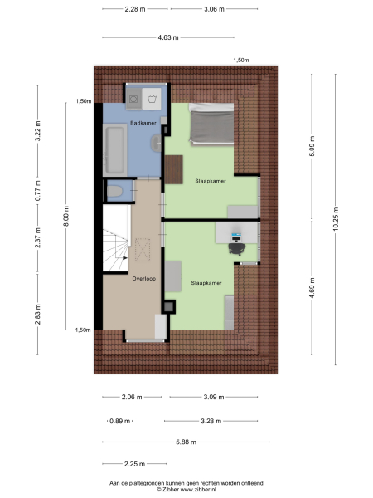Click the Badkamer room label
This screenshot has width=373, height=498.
(143, 123)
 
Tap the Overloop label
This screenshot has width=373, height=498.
(144, 279)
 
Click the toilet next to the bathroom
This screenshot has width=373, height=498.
(115, 192)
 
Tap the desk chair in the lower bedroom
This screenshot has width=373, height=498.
(237, 246)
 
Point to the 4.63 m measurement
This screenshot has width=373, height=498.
(168, 37)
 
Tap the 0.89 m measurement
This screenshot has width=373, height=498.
(120, 421)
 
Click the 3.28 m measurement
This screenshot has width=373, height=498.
(212, 421)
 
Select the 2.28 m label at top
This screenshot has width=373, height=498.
(136, 9)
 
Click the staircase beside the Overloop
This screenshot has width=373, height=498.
(115, 245)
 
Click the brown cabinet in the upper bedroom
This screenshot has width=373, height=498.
(172, 169)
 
